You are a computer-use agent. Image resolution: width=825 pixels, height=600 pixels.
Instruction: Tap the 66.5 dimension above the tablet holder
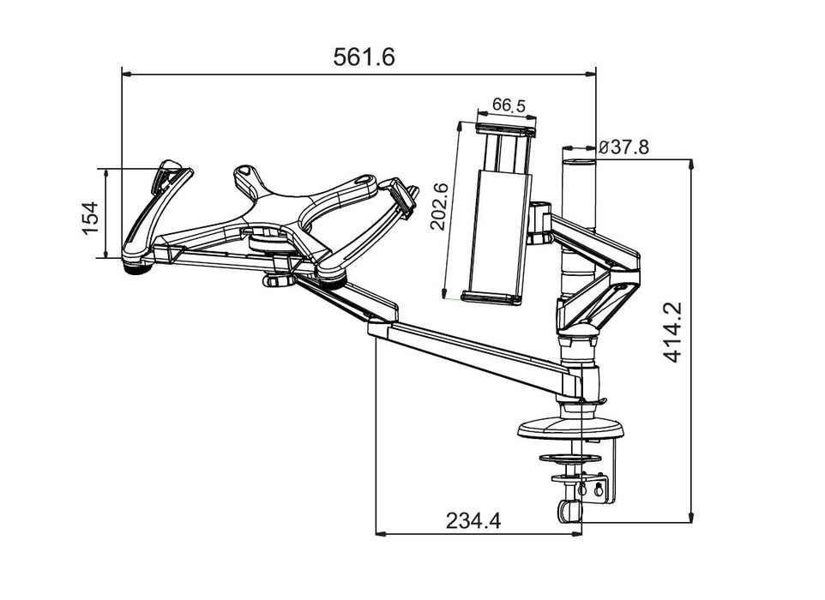point(508,106)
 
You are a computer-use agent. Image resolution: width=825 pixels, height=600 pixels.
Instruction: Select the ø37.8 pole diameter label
point(623,147)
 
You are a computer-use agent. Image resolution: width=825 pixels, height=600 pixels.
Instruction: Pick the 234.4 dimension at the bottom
point(473,520)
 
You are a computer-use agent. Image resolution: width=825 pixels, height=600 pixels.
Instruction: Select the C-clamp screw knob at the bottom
point(567,509)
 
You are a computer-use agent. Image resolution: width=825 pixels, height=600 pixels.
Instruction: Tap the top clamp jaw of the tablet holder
point(506,129)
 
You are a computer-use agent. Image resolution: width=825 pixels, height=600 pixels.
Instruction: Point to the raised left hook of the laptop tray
point(170,173)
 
